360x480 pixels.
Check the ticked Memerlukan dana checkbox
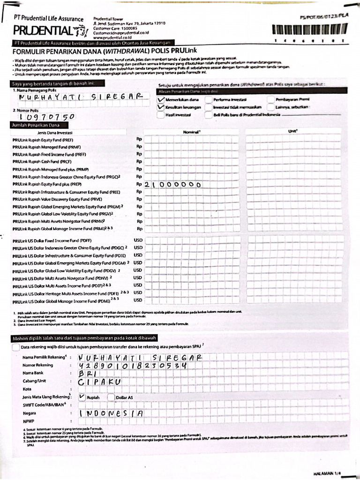161,100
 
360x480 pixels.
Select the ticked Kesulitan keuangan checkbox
161,107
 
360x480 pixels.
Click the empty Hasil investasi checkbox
161,115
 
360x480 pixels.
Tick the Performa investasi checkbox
208,100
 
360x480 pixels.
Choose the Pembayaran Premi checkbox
271,100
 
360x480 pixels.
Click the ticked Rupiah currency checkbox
82,397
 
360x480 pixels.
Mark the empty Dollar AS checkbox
111,397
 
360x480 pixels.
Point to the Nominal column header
192,132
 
